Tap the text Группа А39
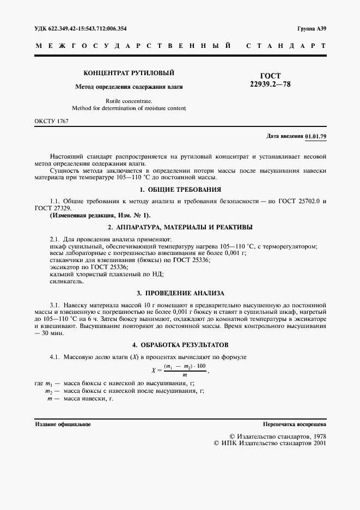[x=312, y=28]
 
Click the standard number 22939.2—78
[x=270, y=86]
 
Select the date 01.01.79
[x=316, y=136]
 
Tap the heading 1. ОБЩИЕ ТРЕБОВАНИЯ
[x=180, y=190]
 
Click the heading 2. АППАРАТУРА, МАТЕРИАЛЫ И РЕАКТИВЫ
[x=180, y=227]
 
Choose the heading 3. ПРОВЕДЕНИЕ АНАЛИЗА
[x=180, y=293]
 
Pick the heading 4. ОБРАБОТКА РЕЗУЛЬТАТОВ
[x=180, y=345]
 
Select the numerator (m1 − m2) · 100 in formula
[x=185, y=366]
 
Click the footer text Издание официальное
[x=63, y=424]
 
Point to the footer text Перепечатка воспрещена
[x=294, y=424]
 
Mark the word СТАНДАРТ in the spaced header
[x=286, y=46]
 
